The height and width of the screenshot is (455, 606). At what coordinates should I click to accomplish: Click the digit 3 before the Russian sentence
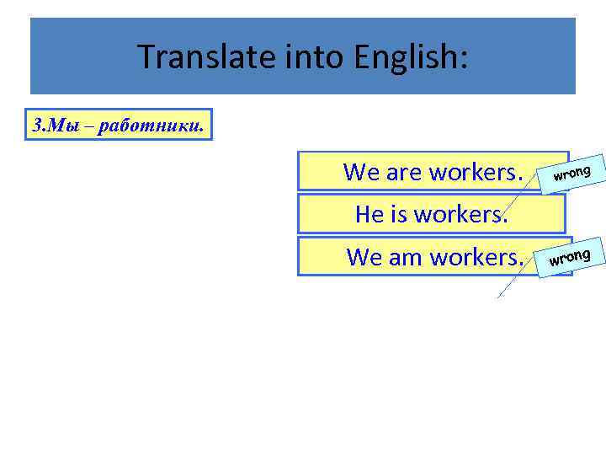coord(36,126)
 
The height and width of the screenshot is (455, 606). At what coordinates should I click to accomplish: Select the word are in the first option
coord(404,173)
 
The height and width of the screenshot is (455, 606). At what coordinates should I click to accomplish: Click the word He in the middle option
coord(369,214)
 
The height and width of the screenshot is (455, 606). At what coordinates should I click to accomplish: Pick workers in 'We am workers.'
coord(478,257)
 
